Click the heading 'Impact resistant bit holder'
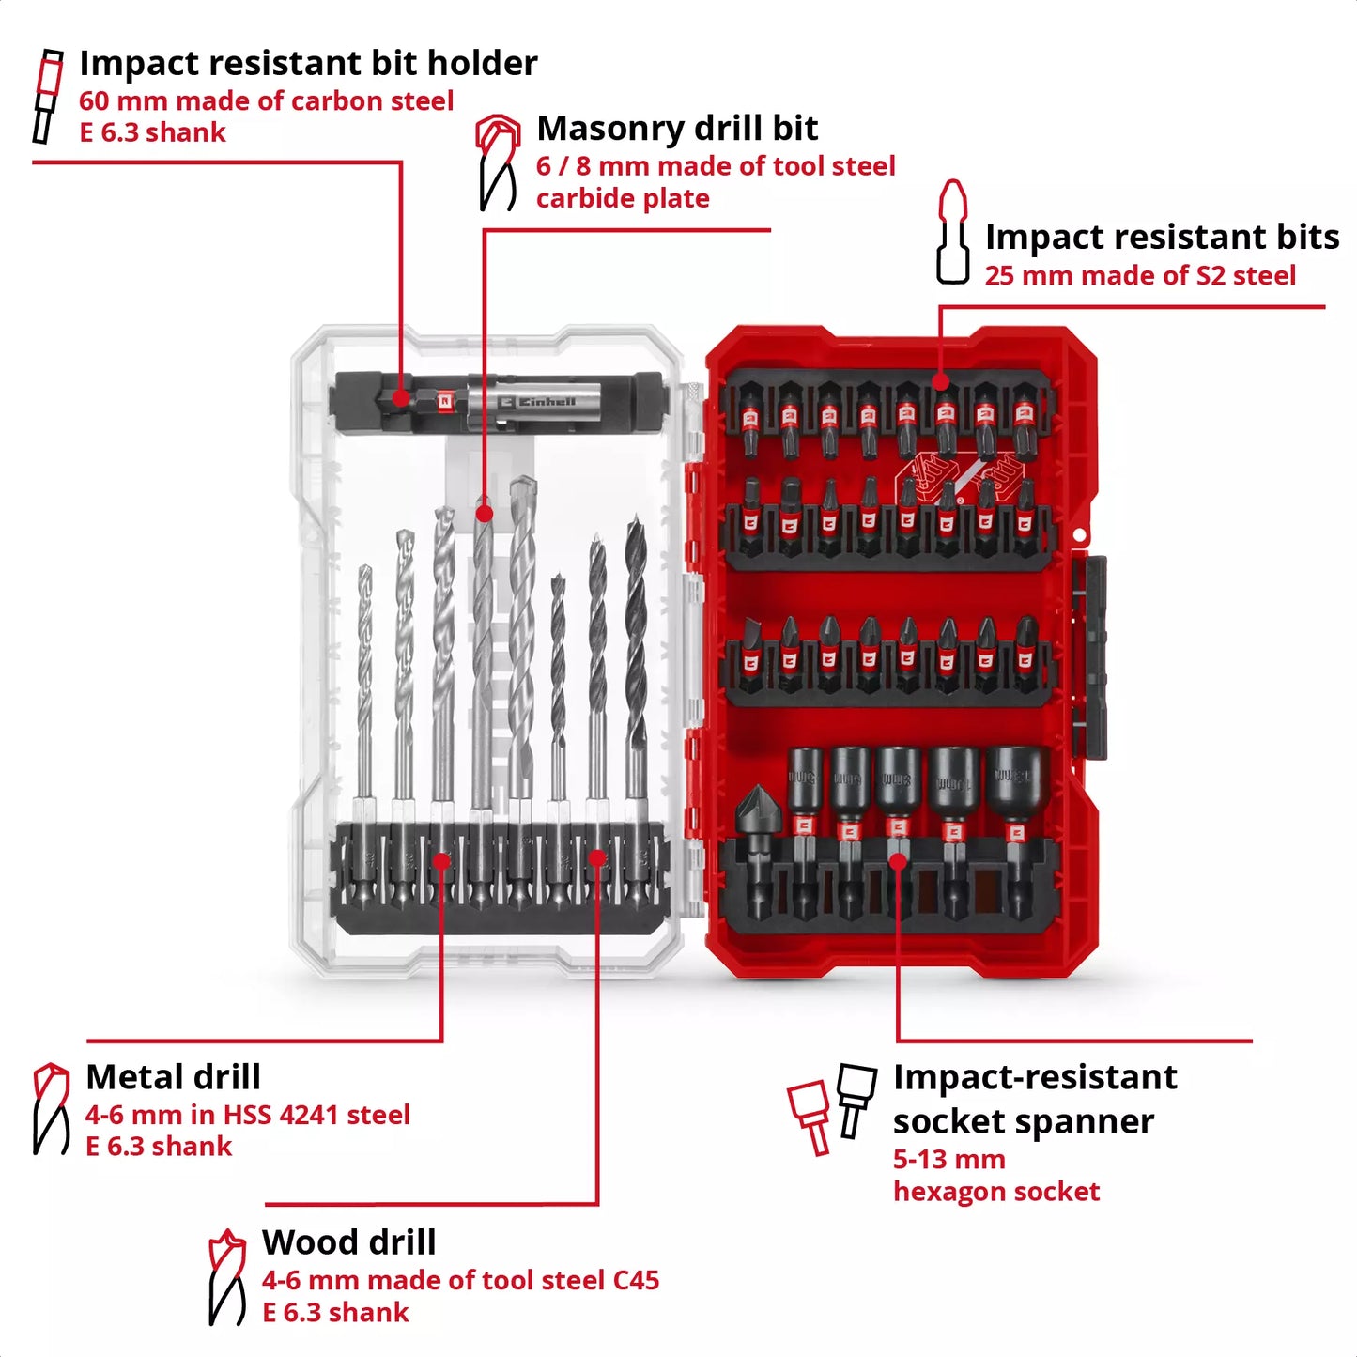click(308, 63)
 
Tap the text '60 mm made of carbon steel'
click(266, 101)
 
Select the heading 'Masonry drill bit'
click(677, 128)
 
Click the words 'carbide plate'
click(623, 199)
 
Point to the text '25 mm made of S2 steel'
click(1140, 276)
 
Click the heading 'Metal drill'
click(173, 1077)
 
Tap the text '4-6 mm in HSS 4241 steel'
click(248, 1116)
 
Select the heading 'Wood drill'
click(348, 1242)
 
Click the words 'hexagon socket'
click(995, 1192)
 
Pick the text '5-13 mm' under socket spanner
click(948, 1160)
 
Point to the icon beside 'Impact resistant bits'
click(953, 232)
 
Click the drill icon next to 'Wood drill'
click(226, 1277)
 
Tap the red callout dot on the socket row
click(898, 860)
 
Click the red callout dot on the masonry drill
click(484, 514)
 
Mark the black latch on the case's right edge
click(1089, 657)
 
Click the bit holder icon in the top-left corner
click(47, 97)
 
